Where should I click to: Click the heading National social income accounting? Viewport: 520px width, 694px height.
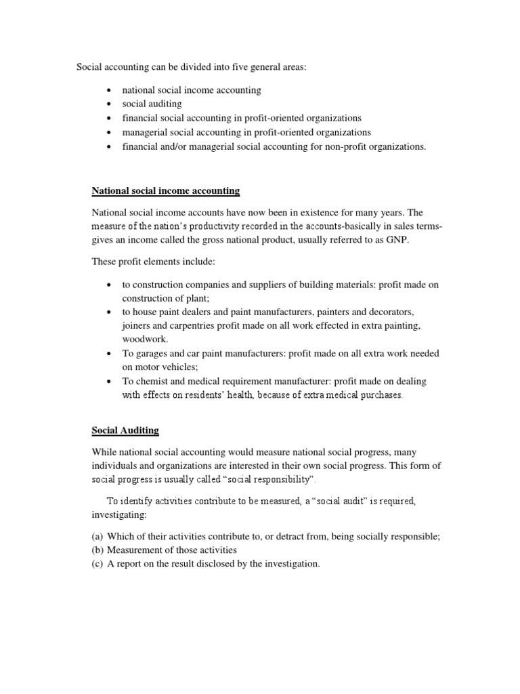(166, 191)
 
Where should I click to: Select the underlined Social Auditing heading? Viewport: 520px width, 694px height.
(125, 431)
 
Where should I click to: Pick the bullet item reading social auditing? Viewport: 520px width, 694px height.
(152, 104)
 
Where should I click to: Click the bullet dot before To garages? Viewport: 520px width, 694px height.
(109, 354)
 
